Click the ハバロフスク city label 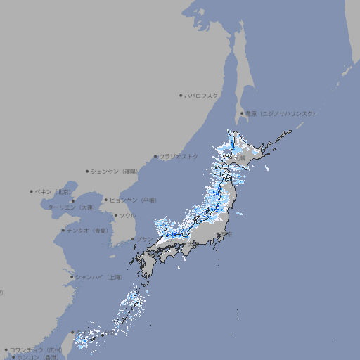point(202,95)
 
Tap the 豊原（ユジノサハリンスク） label point(279,113)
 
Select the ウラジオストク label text point(179,156)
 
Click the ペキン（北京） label point(53,191)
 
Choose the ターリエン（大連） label point(70,207)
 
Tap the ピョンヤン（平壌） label point(133,200)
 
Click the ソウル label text point(127,215)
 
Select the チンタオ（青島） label point(88,230)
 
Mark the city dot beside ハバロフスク point(181,95)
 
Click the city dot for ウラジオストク point(155,156)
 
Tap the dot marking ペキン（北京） point(32,191)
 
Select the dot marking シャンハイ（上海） point(72,276)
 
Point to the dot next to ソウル point(115,215)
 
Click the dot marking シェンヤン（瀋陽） point(87,171)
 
